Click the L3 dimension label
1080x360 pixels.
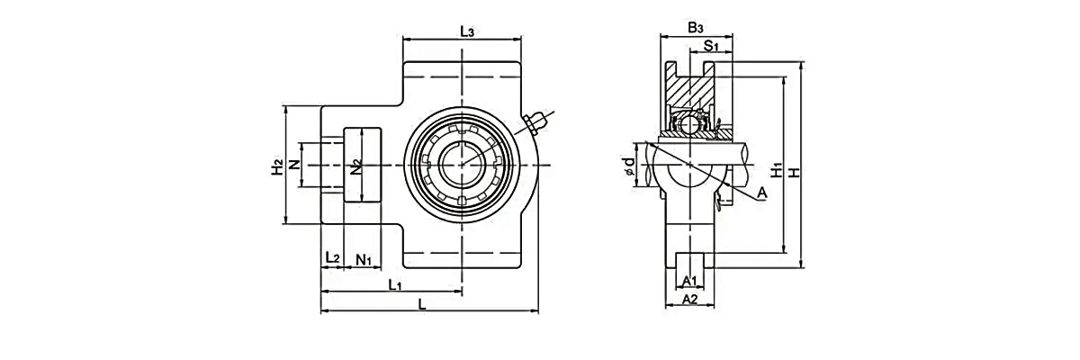[467, 31]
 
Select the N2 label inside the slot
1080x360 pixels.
[357, 166]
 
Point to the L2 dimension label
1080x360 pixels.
[331, 259]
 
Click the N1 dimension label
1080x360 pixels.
[364, 259]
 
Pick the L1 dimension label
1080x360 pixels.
[394, 284]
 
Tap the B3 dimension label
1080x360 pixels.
[695, 28]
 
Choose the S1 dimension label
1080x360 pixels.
[710, 45]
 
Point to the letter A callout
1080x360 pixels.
[761, 192]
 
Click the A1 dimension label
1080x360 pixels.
[690, 281]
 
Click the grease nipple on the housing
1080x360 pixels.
[536, 121]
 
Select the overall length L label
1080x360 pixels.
[422, 304]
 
